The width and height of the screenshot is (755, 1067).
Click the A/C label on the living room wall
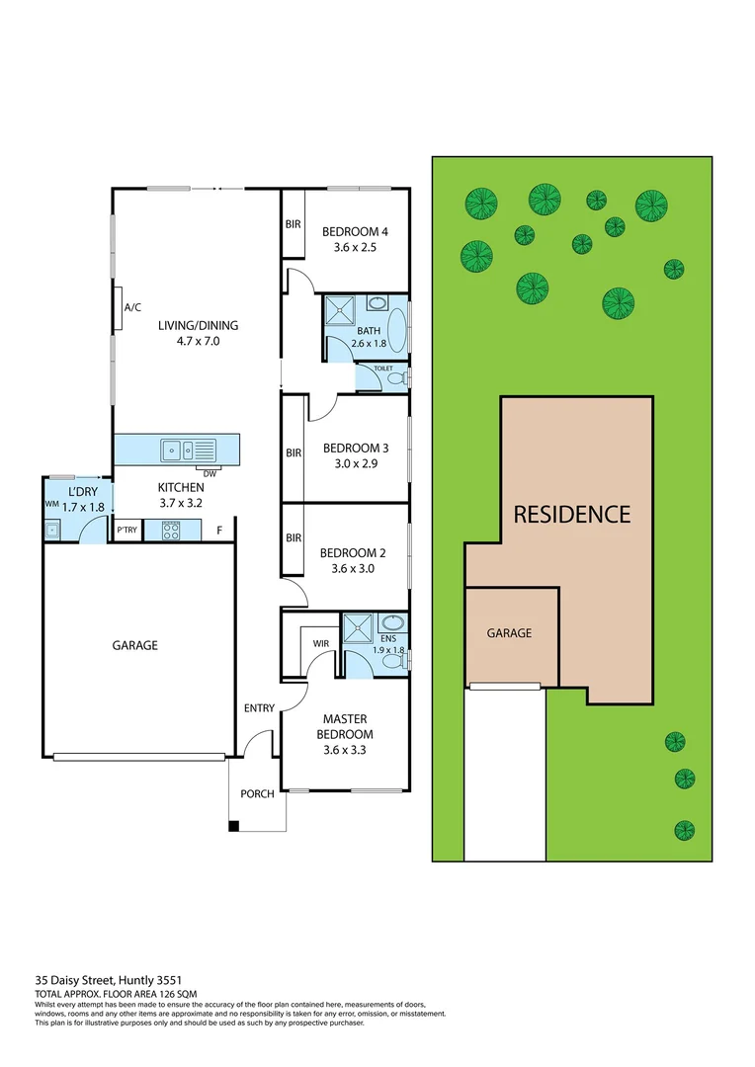click(131, 307)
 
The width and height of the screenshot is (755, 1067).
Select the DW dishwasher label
click(210, 473)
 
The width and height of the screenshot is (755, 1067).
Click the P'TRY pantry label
click(127, 531)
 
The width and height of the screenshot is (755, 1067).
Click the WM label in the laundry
click(51, 503)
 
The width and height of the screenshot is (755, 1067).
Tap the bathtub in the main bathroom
click(396, 329)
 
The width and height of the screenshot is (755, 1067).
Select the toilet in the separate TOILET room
click(396, 378)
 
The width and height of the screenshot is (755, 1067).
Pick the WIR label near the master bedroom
click(321, 643)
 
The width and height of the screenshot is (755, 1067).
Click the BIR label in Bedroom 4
click(293, 224)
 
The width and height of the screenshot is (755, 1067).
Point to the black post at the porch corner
click(233, 826)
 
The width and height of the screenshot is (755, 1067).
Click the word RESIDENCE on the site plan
click(571, 514)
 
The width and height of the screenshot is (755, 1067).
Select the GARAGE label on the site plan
click(509, 633)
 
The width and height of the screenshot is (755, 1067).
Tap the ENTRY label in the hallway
click(259, 708)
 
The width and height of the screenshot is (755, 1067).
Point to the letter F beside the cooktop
click(218, 532)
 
